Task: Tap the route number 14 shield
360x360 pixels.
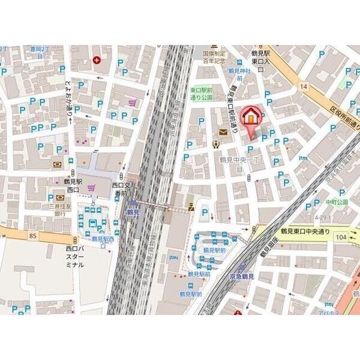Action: (304, 87)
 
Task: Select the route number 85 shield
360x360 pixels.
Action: (32, 236)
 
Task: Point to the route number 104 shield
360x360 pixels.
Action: (342, 238)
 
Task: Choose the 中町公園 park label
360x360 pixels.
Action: (337, 202)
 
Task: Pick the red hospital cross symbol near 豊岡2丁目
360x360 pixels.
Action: (97, 60)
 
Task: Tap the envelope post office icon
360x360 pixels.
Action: (223, 131)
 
